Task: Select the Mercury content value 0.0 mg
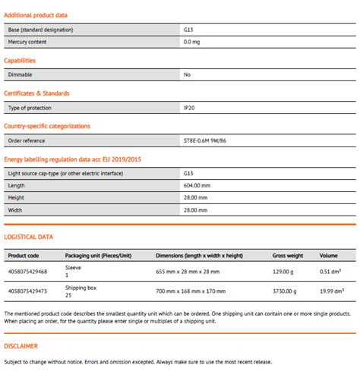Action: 193,41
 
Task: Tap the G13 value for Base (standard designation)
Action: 188,29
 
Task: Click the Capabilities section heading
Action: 20,61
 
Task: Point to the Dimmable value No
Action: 187,74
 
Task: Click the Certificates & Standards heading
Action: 36,93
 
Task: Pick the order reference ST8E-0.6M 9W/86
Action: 207,140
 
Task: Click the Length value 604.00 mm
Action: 197,185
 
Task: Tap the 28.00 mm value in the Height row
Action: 195,197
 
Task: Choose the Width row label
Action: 16,209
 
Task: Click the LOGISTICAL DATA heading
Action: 28,237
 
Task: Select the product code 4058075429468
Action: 27,271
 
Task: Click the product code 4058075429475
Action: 27,291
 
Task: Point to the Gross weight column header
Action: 289,256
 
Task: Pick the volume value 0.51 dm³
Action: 330,271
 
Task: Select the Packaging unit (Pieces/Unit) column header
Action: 98,256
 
